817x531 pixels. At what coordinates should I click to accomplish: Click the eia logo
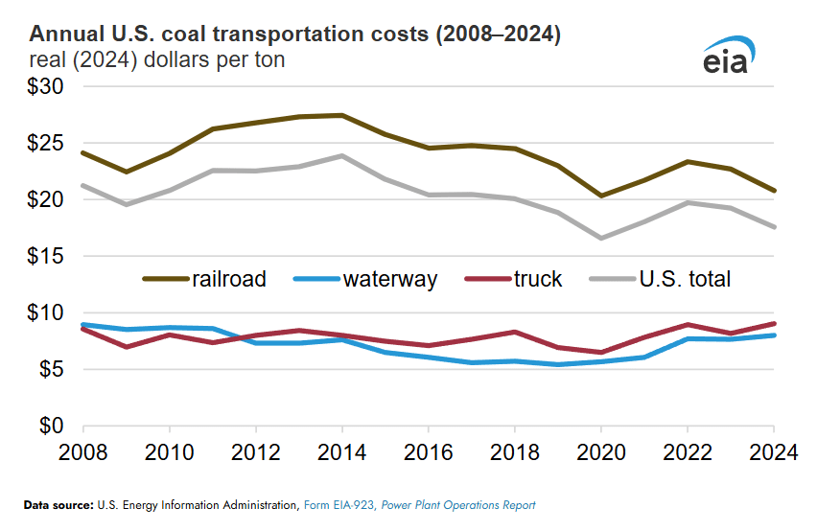point(726,57)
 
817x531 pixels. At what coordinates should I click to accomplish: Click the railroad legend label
point(229,279)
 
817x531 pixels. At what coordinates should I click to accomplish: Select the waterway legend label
point(390,279)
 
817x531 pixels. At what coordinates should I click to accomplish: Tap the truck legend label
point(538,279)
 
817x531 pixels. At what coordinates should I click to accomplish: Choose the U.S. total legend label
point(686,279)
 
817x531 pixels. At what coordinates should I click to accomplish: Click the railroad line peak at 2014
point(342,115)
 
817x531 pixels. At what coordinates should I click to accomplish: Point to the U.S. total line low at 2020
point(601,238)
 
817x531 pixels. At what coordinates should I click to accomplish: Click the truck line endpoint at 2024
point(773,324)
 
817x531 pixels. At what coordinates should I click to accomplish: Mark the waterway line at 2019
point(558,364)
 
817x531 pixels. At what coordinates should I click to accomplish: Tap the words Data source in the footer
point(58,505)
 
